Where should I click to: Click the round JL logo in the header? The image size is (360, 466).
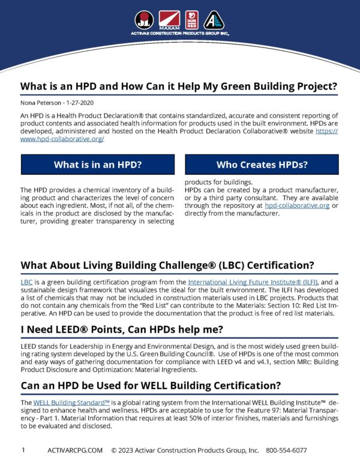tap(144, 20)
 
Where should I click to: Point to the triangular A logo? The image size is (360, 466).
tap(214, 20)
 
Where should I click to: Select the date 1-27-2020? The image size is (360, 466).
tap(85, 103)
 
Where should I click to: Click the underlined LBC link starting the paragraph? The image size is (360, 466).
tap(26, 282)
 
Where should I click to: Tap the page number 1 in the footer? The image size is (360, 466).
tap(23, 450)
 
